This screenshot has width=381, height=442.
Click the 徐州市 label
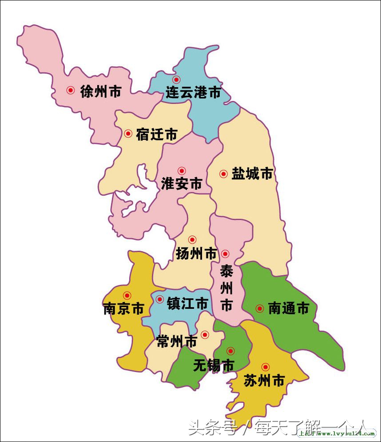pyautogui.click(x=101, y=91)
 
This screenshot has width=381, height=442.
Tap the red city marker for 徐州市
pyautogui.click(x=70, y=90)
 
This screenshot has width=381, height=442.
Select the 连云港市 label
pyautogui.click(x=193, y=93)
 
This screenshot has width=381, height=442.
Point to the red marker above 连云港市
pyautogui.click(x=176, y=80)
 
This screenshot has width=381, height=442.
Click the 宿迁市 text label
pyautogui.click(x=157, y=134)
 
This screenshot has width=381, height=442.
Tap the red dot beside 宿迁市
pyautogui.click(x=128, y=133)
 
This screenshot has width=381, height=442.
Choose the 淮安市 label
pyautogui.click(x=182, y=184)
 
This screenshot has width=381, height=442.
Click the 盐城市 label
pyautogui.click(x=252, y=174)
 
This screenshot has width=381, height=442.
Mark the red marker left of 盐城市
pyautogui.click(x=223, y=174)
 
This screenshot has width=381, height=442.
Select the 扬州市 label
pyautogui.click(x=196, y=254)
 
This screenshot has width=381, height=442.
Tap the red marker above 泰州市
pyautogui.click(x=225, y=254)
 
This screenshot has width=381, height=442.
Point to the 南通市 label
pyautogui.click(x=288, y=308)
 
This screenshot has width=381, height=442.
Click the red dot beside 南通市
pyautogui.click(x=260, y=308)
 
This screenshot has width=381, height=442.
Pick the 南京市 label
pyautogui.click(x=123, y=308)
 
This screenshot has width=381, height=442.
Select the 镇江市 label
pyautogui.click(x=187, y=304)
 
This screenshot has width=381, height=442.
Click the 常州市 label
pyautogui.click(x=177, y=341)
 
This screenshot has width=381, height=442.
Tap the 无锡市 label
pyautogui.click(x=214, y=365)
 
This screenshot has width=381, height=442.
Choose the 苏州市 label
pyautogui.click(x=264, y=380)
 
